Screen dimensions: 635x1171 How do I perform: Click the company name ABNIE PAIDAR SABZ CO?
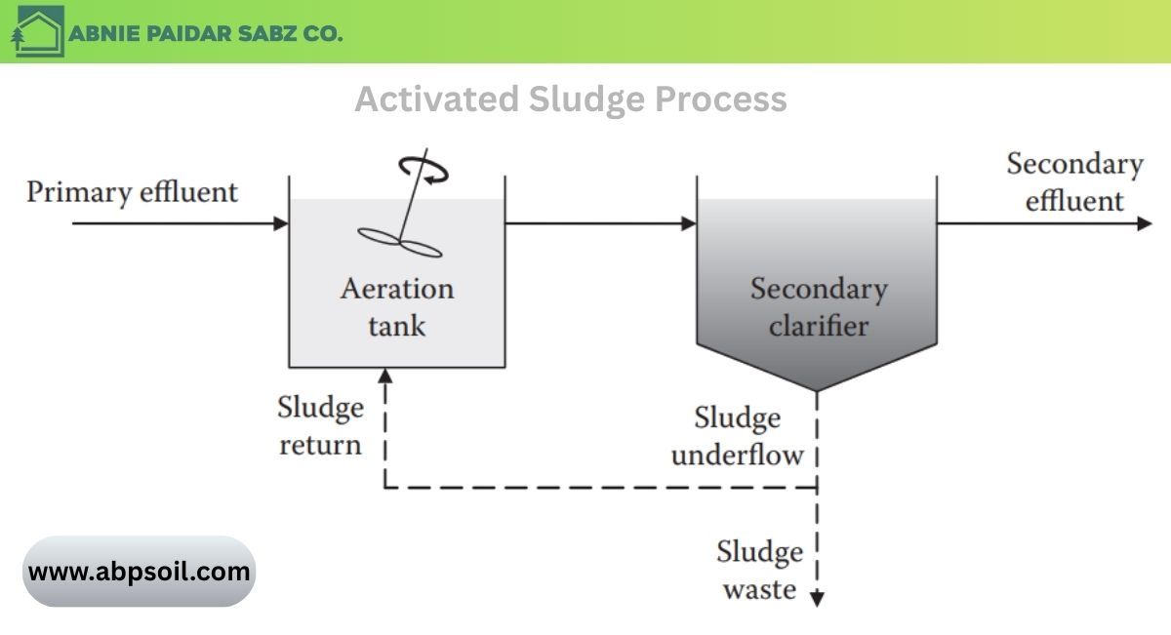point(206,33)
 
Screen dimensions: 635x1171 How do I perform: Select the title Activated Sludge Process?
point(570,99)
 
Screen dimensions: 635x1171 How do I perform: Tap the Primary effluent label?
point(132,192)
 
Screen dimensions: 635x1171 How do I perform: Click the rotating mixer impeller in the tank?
point(400,242)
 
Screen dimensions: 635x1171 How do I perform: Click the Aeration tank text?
point(396,306)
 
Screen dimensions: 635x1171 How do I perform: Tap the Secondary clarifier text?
point(818,306)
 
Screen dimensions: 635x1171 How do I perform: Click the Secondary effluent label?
point(1074,182)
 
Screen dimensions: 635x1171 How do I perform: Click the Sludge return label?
point(320,425)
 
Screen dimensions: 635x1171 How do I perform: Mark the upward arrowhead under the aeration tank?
point(385,377)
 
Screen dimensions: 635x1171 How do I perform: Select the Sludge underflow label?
point(738,436)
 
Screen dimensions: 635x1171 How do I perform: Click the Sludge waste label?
point(759,570)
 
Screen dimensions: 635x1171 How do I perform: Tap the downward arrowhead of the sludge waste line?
point(817,599)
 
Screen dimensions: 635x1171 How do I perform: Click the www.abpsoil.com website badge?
point(139,572)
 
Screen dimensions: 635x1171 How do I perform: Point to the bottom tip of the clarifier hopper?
point(817,389)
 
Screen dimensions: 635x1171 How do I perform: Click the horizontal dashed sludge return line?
point(600,486)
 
